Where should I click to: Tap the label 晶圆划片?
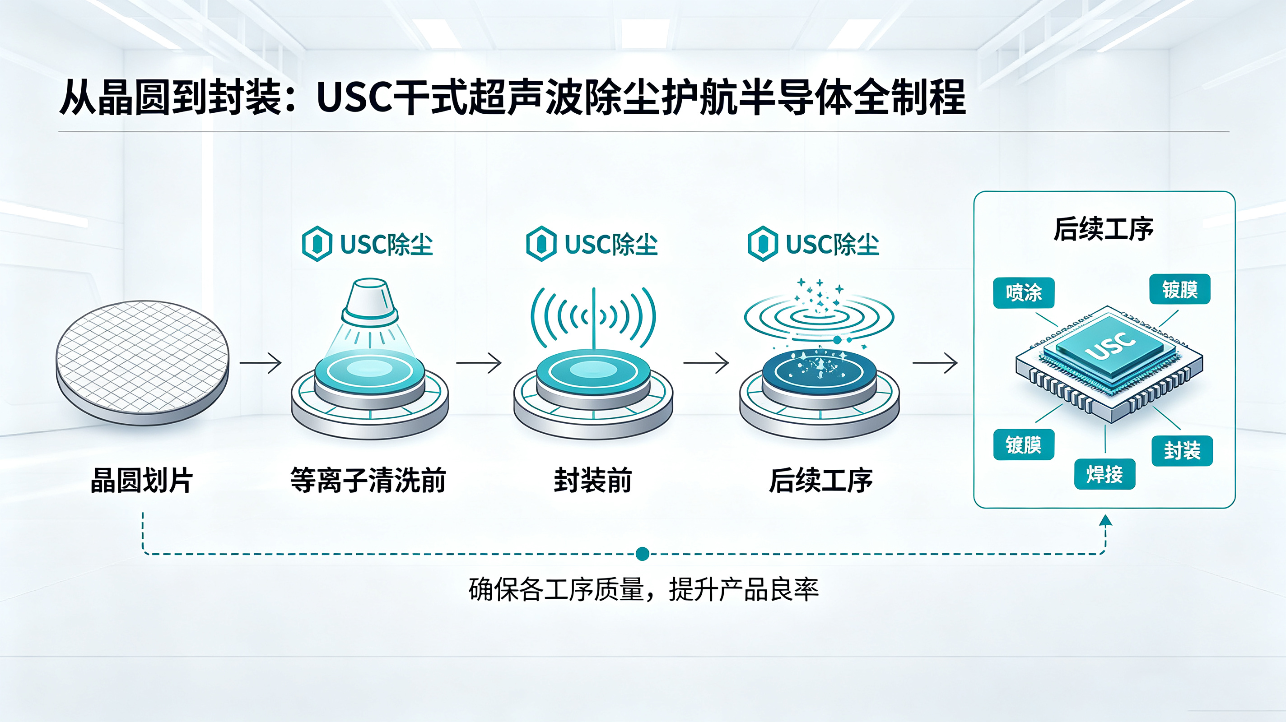pos(142,481)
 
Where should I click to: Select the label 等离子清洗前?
pos(368,481)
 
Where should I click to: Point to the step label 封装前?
pos(593,481)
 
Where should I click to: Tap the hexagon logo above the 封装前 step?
pos(541,244)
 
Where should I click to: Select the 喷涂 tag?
pos(1024,293)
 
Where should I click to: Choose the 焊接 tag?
pos(1105,474)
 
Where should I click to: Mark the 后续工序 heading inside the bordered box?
pos(1104,230)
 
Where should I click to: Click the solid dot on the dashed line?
pos(643,554)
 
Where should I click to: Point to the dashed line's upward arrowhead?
pos(1106,520)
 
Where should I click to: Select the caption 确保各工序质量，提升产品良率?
pos(643,590)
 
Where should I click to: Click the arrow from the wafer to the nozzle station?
pos(261,363)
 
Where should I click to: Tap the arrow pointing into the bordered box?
pos(935,363)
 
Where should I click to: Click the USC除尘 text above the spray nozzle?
pos(387,245)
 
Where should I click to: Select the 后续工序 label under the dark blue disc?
pos(821,481)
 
